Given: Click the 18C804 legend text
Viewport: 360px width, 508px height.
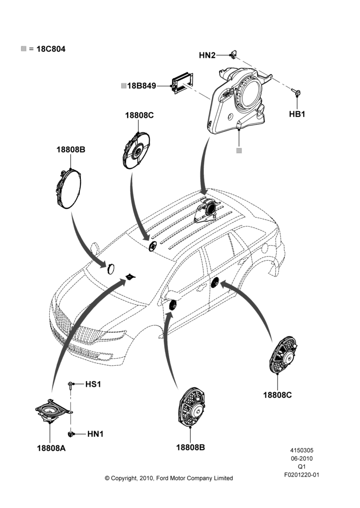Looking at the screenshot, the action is [x=51, y=49].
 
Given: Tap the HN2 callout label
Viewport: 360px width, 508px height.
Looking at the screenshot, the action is [x=207, y=55].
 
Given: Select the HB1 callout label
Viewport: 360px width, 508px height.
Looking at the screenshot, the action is [x=297, y=114].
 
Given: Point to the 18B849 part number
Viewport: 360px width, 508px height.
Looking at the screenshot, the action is [x=141, y=86].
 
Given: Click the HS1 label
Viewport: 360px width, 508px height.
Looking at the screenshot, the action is [x=93, y=384].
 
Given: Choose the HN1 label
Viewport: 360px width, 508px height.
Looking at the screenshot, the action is [x=96, y=434].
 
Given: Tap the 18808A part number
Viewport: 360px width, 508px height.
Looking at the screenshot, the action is [x=51, y=448].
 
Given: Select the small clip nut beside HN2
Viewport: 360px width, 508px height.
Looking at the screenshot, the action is [x=233, y=54].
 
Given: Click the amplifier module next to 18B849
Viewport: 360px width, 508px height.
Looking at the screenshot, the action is [x=183, y=83].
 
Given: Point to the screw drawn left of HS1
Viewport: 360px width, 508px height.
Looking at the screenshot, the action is [x=70, y=385].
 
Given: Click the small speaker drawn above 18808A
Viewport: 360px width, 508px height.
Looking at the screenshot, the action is [x=52, y=410].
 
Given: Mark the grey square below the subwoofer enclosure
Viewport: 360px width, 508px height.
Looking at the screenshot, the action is [x=239, y=151].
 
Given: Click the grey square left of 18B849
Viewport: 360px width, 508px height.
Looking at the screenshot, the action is [x=124, y=86].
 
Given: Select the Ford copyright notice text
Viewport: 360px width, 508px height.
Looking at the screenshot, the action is [x=169, y=478].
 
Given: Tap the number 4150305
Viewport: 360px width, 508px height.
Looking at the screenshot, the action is [x=302, y=450].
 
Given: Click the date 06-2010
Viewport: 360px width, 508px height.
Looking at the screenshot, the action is [x=302, y=458].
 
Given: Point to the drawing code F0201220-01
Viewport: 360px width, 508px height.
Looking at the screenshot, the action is [x=302, y=475].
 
